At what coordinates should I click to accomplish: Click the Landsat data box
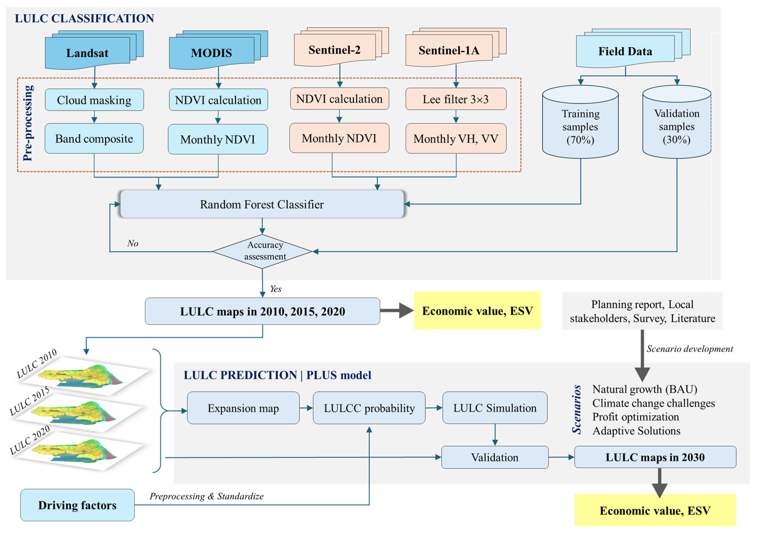[x=87, y=53]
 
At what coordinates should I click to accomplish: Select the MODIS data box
[x=211, y=53]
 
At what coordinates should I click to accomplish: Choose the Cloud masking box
[x=94, y=100]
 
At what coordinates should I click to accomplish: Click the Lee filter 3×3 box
[x=456, y=99]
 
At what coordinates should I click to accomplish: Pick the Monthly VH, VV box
[x=456, y=138]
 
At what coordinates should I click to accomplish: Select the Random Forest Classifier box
[x=262, y=204]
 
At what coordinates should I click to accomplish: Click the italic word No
[x=133, y=243]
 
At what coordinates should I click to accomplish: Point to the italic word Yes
[x=276, y=289]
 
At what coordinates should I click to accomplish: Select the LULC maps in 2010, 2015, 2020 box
[x=262, y=311]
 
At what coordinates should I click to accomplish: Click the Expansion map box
[x=243, y=408]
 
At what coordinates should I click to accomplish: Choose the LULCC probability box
[x=369, y=408]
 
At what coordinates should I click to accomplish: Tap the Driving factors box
[x=77, y=505]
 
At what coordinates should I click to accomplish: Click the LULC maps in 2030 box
[x=655, y=457]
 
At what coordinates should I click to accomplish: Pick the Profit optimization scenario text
[x=636, y=417]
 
